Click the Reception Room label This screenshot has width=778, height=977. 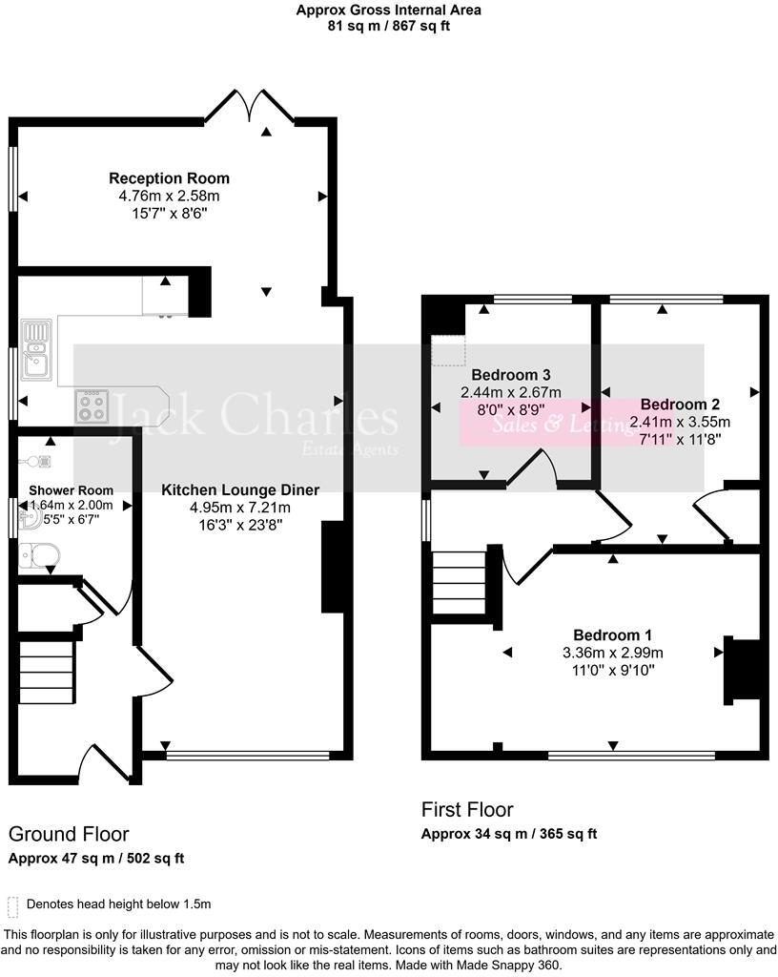(x=169, y=178)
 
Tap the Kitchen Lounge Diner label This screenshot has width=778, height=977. (x=239, y=489)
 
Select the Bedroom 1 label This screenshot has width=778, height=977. (x=612, y=635)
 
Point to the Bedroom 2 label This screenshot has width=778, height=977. (x=679, y=404)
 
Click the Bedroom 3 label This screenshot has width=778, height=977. (x=511, y=375)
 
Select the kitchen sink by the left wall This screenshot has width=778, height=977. (x=36, y=348)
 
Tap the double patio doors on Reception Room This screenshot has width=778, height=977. (x=250, y=107)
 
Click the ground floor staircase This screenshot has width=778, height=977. (x=47, y=672)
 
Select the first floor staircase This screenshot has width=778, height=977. (x=460, y=583)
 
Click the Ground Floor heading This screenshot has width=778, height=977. (x=69, y=835)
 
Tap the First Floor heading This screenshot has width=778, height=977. (x=467, y=810)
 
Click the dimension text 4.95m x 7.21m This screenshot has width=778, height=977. (x=239, y=507)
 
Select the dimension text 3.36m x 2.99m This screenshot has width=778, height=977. (x=612, y=653)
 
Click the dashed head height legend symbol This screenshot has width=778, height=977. (x=12, y=904)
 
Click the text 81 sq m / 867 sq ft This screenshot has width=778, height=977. (x=388, y=26)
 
